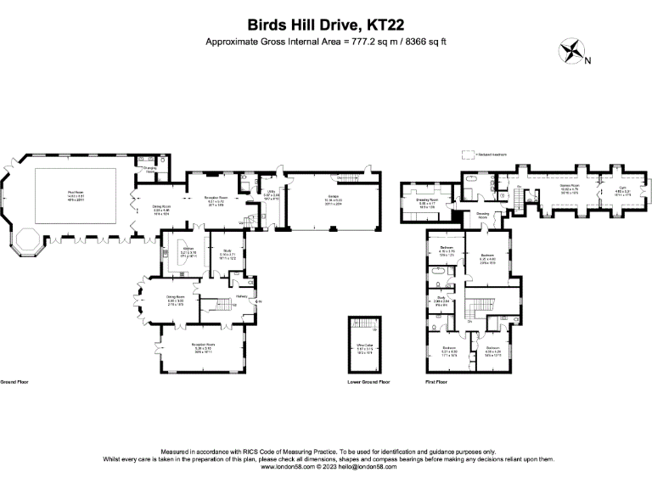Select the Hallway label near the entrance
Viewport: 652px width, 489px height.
point(241,295)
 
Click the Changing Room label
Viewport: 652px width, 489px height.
point(149,169)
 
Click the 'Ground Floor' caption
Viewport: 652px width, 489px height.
point(15,382)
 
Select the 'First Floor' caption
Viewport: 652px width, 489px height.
point(436,382)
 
